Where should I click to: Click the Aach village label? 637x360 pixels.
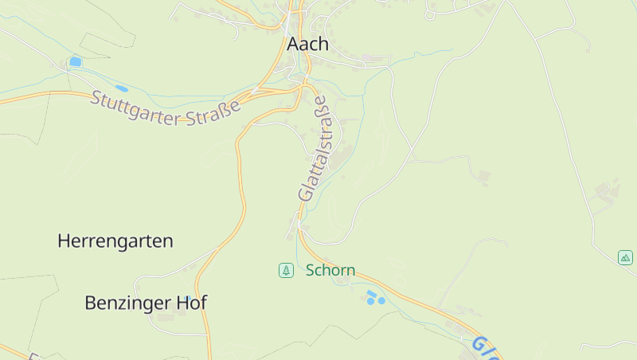pos(307,44)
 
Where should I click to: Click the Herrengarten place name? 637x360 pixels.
pos(115,241)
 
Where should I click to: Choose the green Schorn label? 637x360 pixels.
pos(330,271)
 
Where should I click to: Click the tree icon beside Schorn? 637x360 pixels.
pos(286,271)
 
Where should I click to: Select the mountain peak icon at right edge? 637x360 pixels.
pos(625,257)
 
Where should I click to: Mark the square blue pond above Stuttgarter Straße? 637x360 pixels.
pos(75,61)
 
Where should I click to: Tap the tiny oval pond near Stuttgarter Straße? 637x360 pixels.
pos(121,88)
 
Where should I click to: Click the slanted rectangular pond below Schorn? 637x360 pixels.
pos(371,295)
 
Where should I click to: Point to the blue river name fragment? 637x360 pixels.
pos(486,349)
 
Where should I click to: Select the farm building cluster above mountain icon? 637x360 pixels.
pos(608,191)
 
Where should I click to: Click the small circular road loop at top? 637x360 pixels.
pos(430,14)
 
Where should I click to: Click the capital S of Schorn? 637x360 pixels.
pos(311,271)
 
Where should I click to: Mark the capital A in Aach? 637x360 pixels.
pos(293,44)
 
